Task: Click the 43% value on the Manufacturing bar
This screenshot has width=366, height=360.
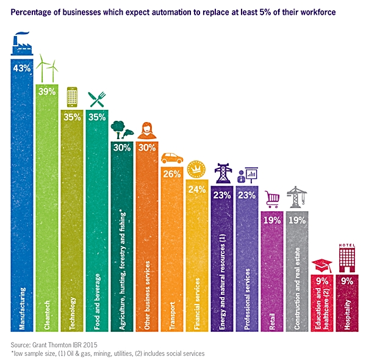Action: coord(22,68)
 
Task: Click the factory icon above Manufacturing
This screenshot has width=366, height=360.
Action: coord(22,46)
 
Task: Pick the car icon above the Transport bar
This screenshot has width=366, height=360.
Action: coord(172,159)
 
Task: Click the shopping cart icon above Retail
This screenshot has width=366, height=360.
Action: coord(272,198)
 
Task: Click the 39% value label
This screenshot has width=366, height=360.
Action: coord(47,92)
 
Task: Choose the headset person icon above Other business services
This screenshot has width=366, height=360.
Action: coord(147,130)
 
